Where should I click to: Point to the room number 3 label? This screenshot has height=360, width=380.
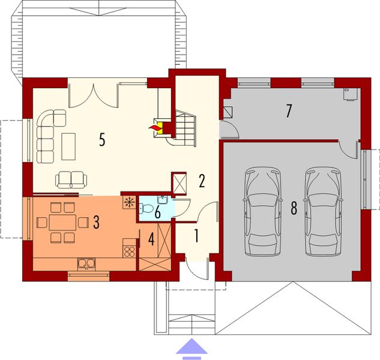pos(96,221)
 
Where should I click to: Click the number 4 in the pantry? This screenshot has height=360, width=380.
pos(151,238)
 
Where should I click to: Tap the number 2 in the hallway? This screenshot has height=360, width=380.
pos(202,181)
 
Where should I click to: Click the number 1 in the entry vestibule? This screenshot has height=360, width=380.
pos(196,236)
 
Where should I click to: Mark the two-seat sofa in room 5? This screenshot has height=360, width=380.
pos(71,179)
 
